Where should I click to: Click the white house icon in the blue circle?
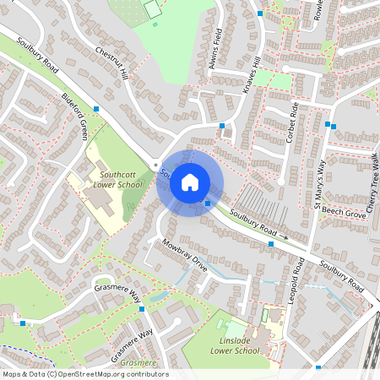(190, 182)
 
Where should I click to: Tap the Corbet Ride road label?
(294, 122)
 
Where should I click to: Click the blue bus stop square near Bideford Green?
(97, 109)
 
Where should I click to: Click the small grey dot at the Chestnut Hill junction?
(155, 164)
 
